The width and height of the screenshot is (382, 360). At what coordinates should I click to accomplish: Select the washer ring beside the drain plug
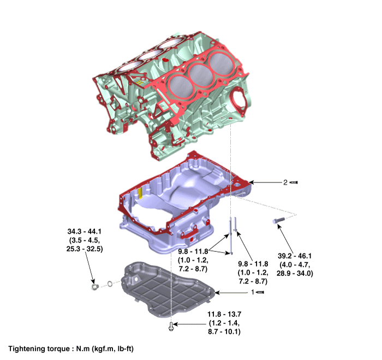point(110,284)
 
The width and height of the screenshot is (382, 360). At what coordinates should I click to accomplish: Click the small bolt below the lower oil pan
point(172,326)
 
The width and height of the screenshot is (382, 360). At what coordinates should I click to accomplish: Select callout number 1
point(253,293)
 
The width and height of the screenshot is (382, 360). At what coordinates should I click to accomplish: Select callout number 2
point(284,182)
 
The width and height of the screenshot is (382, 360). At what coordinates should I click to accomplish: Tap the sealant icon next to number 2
point(294,182)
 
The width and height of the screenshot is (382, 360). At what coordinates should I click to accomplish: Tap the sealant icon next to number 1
point(261,293)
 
